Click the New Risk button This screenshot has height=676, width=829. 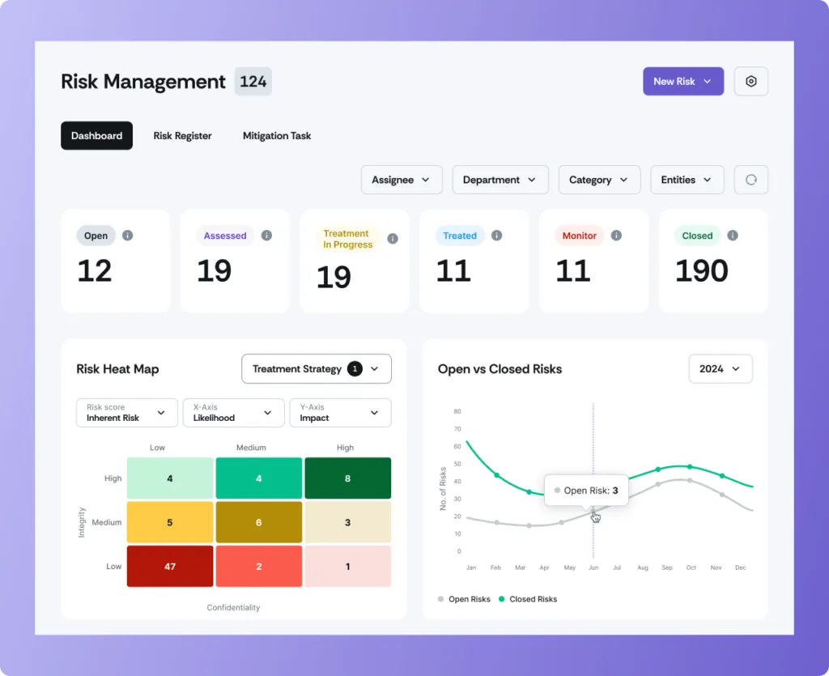(x=682, y=81)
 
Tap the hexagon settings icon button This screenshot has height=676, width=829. (x=750, y=81)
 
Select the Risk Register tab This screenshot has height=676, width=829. (x=182, y=136)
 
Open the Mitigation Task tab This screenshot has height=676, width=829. (x=277, y=136)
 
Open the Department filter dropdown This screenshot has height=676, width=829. (x=500, y=180)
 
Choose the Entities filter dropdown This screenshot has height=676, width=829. (x=687, y=180)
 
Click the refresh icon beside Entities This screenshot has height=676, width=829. (x=750, y=180)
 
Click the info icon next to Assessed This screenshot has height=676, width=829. (x=266, y=236)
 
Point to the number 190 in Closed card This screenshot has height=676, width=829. (x=701, y=271)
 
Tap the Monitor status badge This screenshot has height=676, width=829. (x=579, y=236)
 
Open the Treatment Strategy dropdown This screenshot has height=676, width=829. (x=316, y=369)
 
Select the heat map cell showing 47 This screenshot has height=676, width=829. (x=169, y=567)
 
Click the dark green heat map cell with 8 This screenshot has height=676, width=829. (x=347, y=478)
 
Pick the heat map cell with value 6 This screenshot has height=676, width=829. (x=258, y=522)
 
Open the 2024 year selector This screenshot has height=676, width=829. (x=720, y=369)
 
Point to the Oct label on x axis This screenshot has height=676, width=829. (x=691, y=568)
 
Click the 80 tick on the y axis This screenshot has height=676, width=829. (x=457, y=411)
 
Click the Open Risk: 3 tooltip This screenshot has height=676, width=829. (x=586, y=491)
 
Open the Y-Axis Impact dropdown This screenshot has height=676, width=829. (x=340, y=413)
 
